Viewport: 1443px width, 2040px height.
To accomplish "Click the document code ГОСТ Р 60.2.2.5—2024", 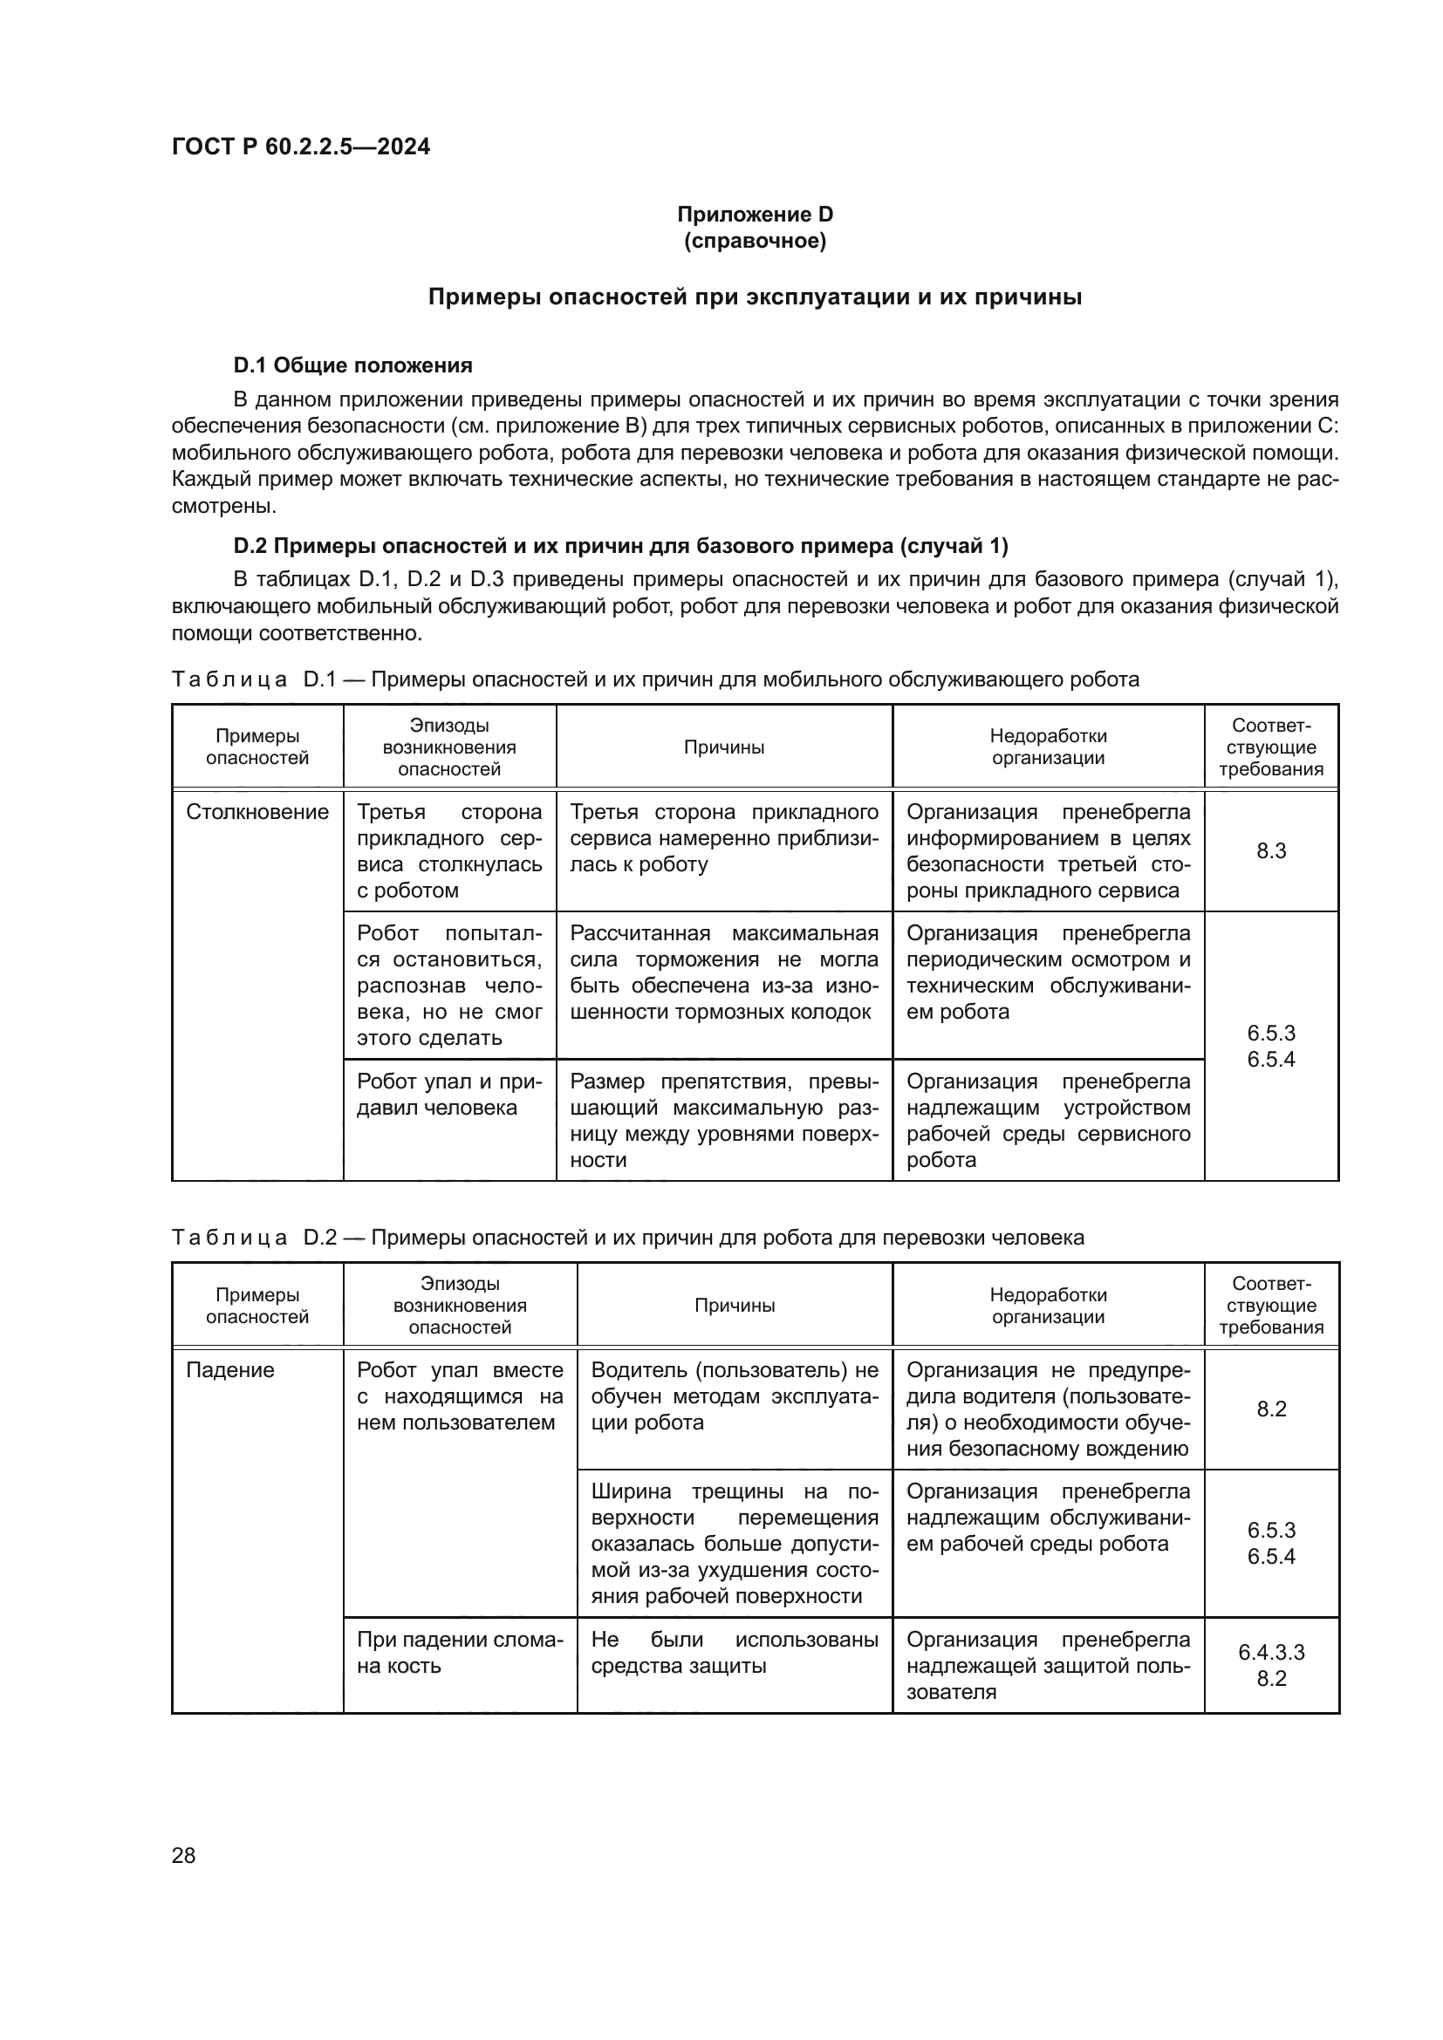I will click(x=300, y=147).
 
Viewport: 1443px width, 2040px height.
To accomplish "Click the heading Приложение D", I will click(x=755, y=215).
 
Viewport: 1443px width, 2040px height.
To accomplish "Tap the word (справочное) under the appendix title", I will click(x=755, y=241).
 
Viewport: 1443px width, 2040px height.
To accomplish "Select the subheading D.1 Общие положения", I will click(x=352, y=365).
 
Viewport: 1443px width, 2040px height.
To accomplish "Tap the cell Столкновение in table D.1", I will click(x=256, y=812).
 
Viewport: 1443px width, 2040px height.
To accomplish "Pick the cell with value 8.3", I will click(x=1270, y=850).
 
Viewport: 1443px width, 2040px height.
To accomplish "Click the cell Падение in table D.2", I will click(x=230, y=1370).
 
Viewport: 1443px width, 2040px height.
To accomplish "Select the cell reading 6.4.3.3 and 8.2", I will click(x=1270, y=1665).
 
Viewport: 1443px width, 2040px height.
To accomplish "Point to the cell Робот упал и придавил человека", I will click(x=448, y=1095).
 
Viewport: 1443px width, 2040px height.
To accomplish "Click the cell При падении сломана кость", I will click(x=460, y=1653).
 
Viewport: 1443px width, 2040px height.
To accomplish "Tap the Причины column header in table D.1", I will click(x=723, y=747).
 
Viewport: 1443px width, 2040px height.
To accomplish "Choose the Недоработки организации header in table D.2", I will click(x=1048, y=1306).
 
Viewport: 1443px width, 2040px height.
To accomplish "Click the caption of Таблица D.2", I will click(x=627, y=1238).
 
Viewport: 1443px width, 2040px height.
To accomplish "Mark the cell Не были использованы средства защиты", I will click(x=734, y=1653).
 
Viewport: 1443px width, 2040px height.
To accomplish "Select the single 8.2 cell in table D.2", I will click(x=1270, y=1409).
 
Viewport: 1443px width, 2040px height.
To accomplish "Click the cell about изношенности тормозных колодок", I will click(x=723, y=973).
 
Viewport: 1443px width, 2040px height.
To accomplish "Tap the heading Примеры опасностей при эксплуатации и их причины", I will click(x=755, y=297).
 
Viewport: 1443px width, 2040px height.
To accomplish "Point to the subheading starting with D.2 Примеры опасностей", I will click(x=620, y=545).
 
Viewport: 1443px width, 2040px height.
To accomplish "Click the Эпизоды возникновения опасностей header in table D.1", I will click(x=448, y=747).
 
